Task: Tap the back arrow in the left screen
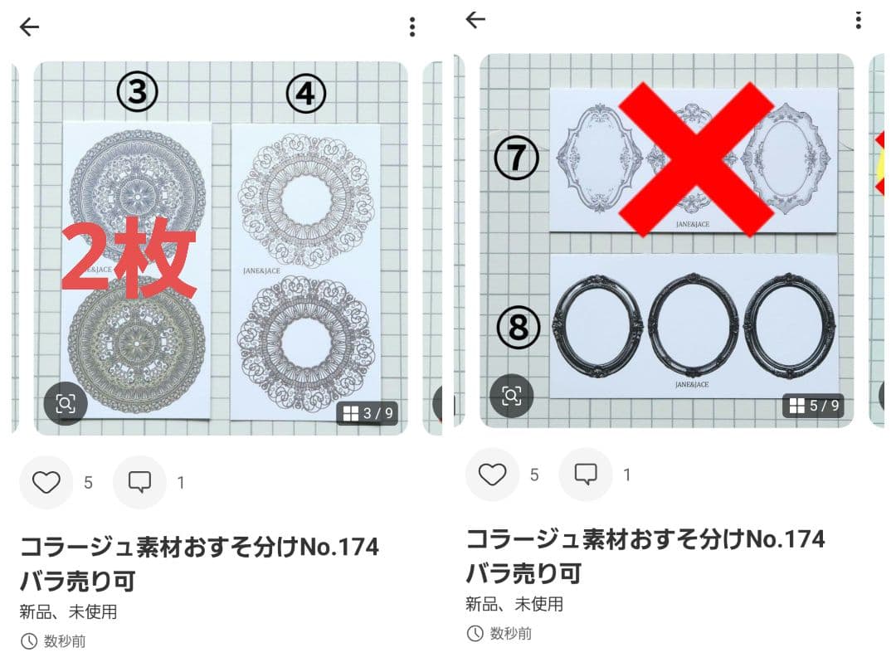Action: pyautogui.click(x=30, y=27)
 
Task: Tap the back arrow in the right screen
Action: pyautogui.click(x=475, y=20)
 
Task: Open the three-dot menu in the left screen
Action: pyautogui.click(x=411, y=27)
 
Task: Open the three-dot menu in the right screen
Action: pyautogui.click(x=858, y=20)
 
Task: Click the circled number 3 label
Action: pyautogui.click(x=137, y=93)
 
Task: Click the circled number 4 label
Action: pyautogui.click(x=305, y=95)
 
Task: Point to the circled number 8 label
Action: pyautogui.click(x=518, y=328)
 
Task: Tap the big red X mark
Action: pyautogui.click(x=698, y=158)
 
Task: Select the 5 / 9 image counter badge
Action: pyautogui.click(x=814, y=406)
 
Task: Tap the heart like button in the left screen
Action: pyautogui.click(x=46, y=482)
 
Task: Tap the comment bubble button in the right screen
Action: pyautogui.click(x=586, y=475)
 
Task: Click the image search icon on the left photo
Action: pyautogui.click(x=66, y=404)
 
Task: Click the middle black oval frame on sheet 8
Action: pyautogui.click(x=694, y=324)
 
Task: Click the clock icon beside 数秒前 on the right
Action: pyautogui.click(x=475, y=634)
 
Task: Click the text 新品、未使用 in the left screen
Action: pyautogui.click(x=68, y=612)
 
